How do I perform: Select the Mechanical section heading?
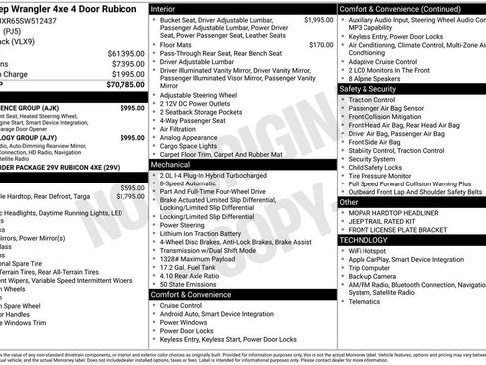(173, 164)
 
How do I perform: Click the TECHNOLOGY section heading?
(364, 240)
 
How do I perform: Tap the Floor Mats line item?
(178, 45)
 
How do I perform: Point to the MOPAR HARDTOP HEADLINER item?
(393, 212)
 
